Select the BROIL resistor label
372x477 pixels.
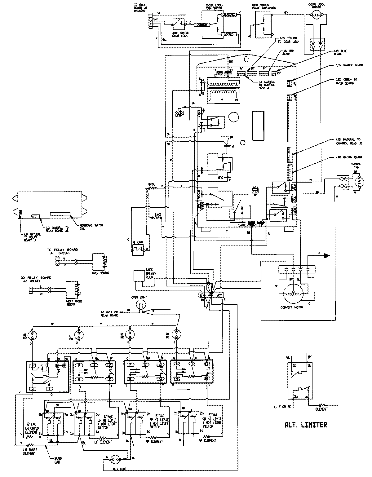[x=151, y=184]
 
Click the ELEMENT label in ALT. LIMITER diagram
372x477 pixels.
[x=321, y=409]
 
